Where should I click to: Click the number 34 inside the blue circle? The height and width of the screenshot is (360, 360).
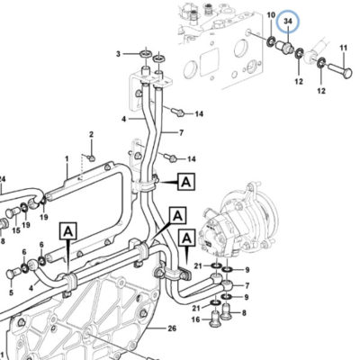[x=288, y=22]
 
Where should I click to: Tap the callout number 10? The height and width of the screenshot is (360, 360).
[x=271, y=15]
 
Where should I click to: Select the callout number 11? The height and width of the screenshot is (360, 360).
[x=344, y=48]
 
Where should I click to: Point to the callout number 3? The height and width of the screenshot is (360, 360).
[x=118, y=54]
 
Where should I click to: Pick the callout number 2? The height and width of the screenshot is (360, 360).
[x=91, y=134]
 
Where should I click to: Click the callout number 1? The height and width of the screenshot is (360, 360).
[x=67, y=158]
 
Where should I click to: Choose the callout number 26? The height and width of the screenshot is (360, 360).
[x=172, y=328]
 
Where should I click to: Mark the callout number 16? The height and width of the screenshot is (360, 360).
[x=195, y=320]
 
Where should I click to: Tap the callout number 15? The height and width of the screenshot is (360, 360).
[x=16, y=230]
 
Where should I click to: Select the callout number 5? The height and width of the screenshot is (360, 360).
[x=11, y=292]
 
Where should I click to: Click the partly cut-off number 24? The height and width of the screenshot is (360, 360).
[x=3, y=179]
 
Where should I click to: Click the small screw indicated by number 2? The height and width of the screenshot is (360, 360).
[x=90, y=157]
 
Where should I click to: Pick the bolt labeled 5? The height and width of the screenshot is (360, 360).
[x=13, y=273]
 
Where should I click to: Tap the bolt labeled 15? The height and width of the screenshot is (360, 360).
[x=13, y=213]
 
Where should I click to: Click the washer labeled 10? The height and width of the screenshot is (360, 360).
[x=272, y=40]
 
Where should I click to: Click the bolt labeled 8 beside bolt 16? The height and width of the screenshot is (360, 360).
[x=227, y=312]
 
